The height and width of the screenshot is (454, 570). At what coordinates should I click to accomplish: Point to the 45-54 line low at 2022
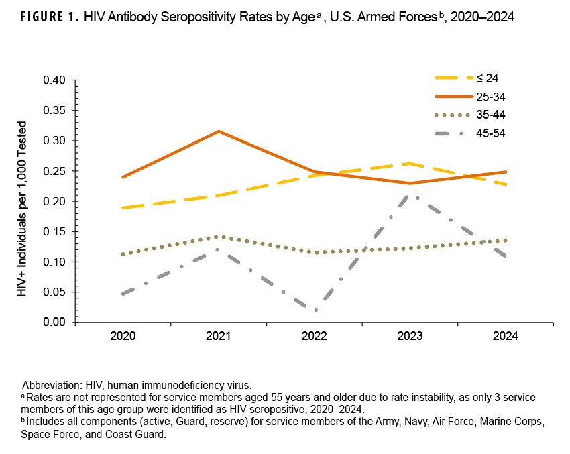tap(315, 310)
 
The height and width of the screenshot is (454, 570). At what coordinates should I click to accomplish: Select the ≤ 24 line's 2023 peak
tap(410, 163)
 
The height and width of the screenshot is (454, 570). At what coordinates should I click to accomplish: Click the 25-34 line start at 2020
tap(123, 177)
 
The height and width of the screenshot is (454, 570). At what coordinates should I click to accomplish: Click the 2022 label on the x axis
tap(315, 337)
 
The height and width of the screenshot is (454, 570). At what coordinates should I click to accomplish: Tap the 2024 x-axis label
tap(506, 337)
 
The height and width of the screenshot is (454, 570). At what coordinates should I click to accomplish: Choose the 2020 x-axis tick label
tap(123, 337)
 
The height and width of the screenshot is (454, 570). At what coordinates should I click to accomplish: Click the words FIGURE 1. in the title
tap(45, 18)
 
